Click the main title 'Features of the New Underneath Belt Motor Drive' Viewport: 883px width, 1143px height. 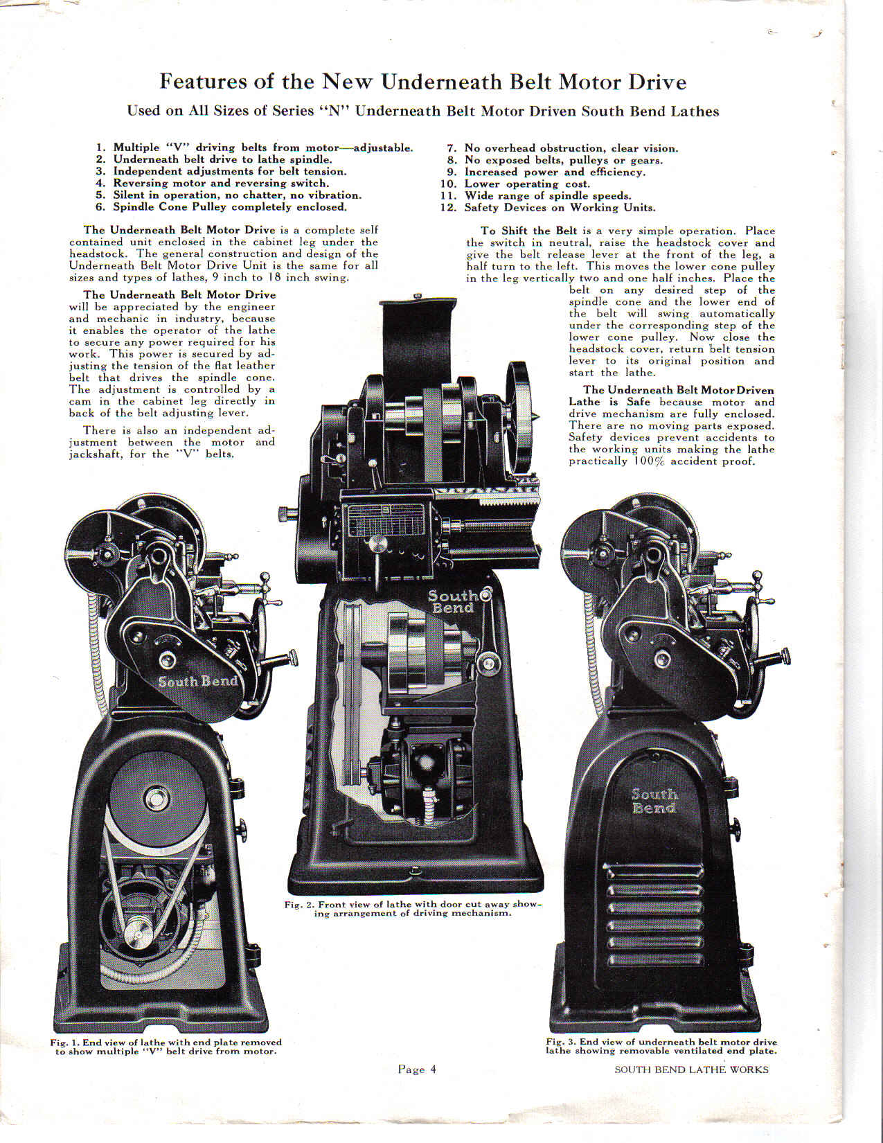[423, 82]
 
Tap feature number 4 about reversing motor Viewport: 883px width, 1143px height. [212, 183]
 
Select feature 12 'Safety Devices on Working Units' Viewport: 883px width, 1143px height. [548, 207]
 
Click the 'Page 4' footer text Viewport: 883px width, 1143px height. [417, 1069]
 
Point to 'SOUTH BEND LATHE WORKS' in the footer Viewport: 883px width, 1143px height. [692, 1070]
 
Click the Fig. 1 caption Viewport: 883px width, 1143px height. [166, 1047]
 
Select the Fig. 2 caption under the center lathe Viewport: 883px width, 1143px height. [413, 909]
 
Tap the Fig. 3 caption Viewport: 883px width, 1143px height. [661, 1046]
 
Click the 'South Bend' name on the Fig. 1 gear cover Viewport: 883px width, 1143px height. [198, 681]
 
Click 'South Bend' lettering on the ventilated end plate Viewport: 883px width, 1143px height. [654, 801]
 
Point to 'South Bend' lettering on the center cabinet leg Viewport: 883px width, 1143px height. [453, 602]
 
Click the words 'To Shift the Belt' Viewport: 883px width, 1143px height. [528, 231]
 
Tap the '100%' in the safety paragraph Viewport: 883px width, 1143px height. [643, 461]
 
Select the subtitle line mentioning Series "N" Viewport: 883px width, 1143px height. [423, 112]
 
